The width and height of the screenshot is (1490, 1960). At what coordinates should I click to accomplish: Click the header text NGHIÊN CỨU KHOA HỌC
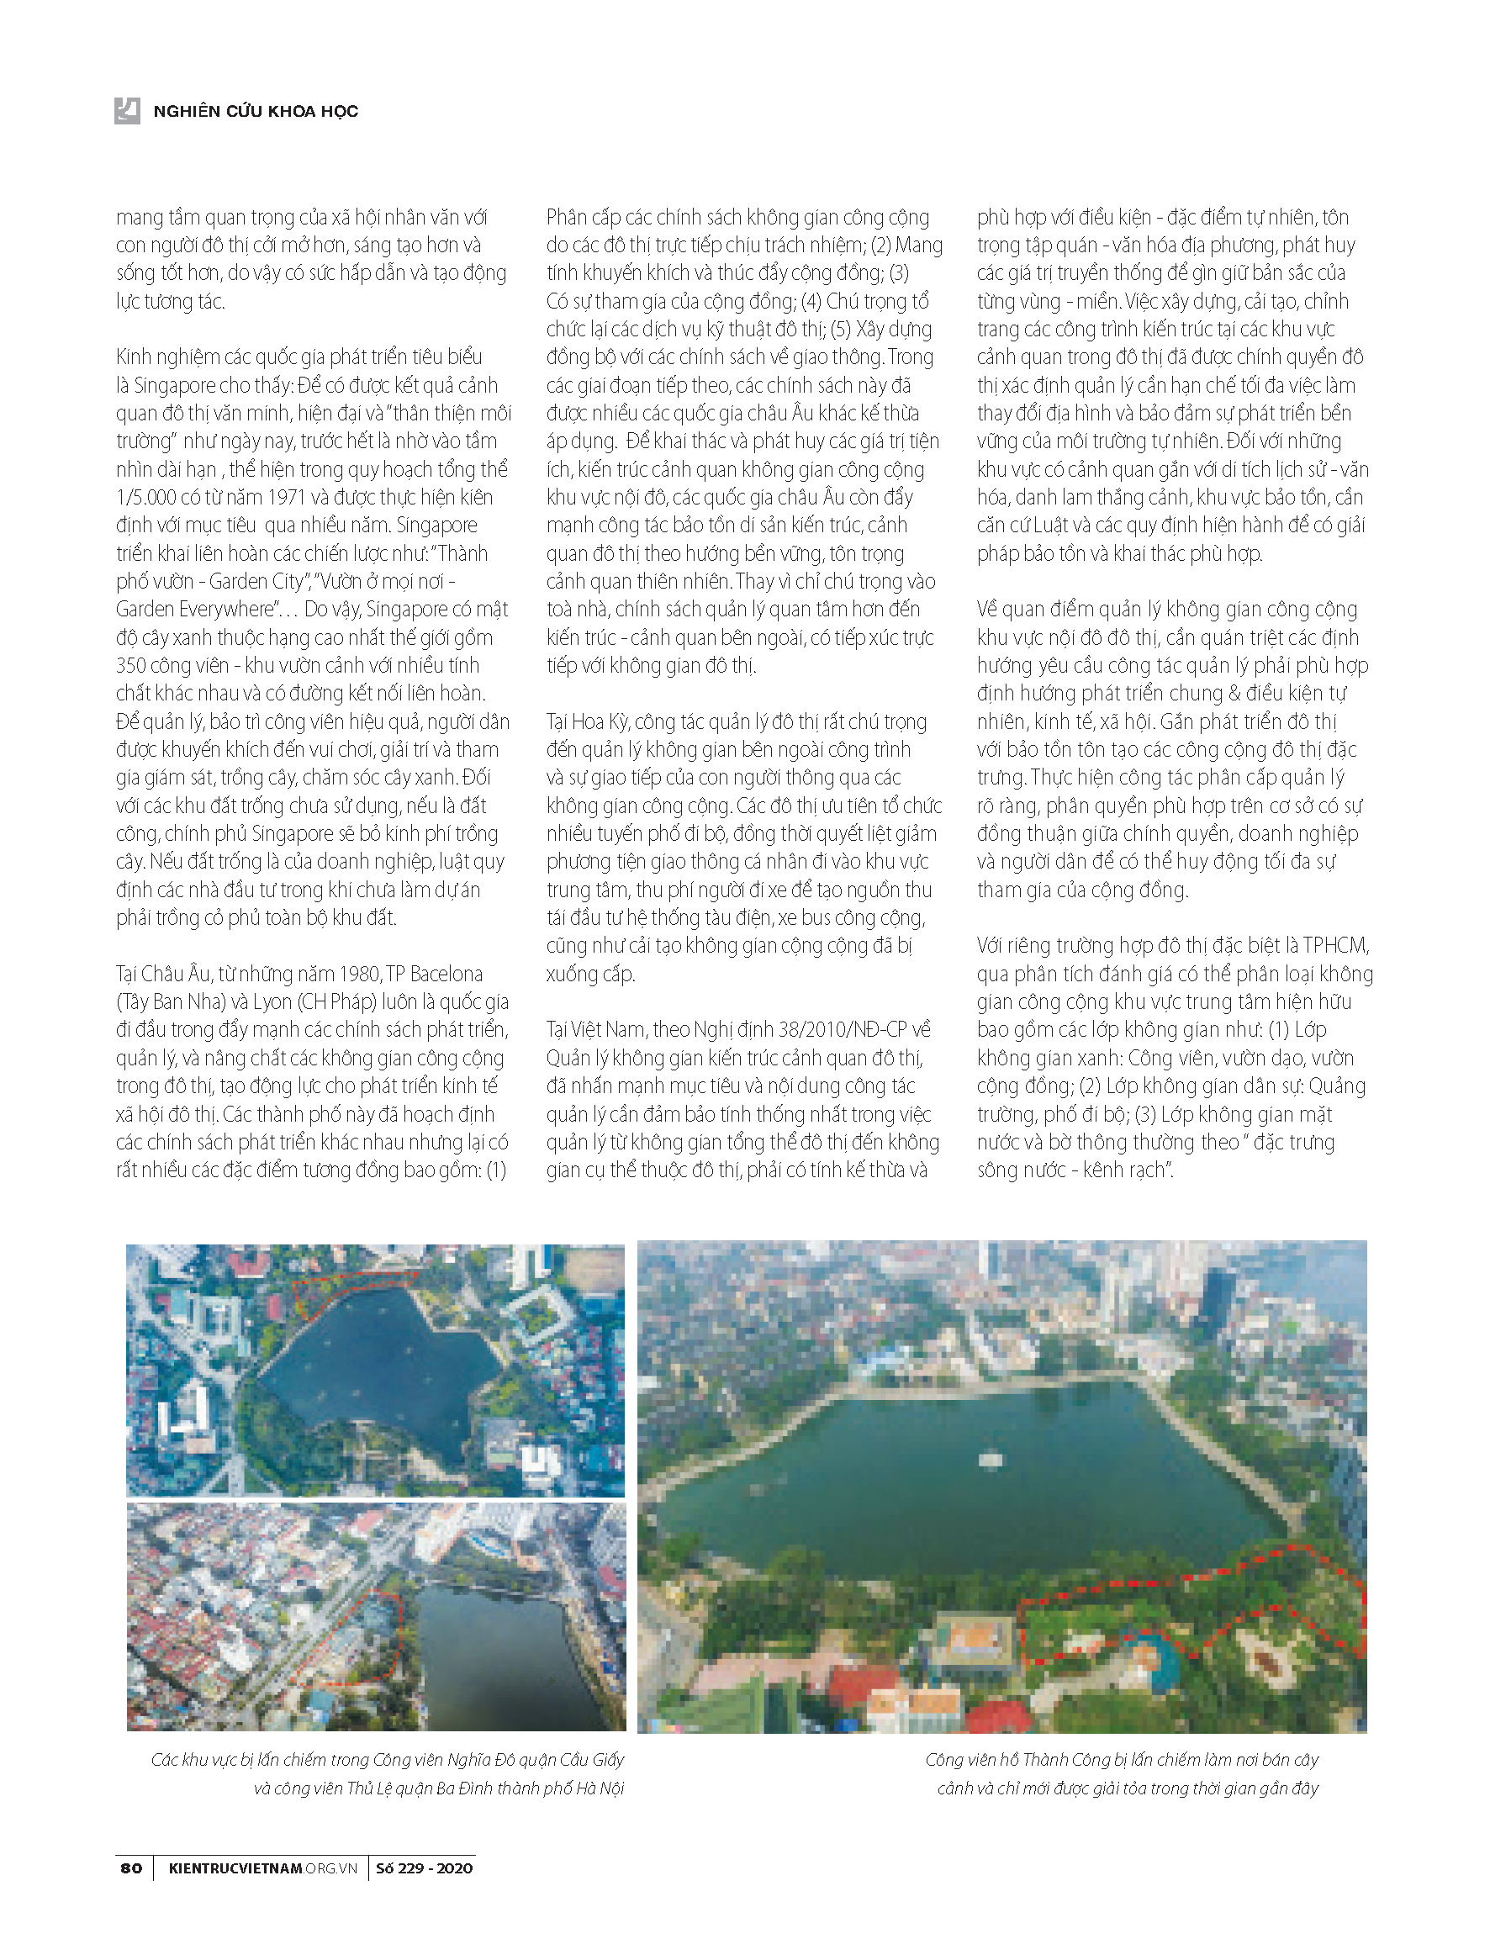(256, 111)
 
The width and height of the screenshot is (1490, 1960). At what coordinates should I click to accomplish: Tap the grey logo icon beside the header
(127, 110)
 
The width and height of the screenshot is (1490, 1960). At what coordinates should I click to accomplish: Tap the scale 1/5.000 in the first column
(145, 498)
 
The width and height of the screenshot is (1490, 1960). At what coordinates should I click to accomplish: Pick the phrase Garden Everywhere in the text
(193, 610)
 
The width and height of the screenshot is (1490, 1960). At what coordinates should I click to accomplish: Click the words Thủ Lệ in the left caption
(372, 1788)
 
